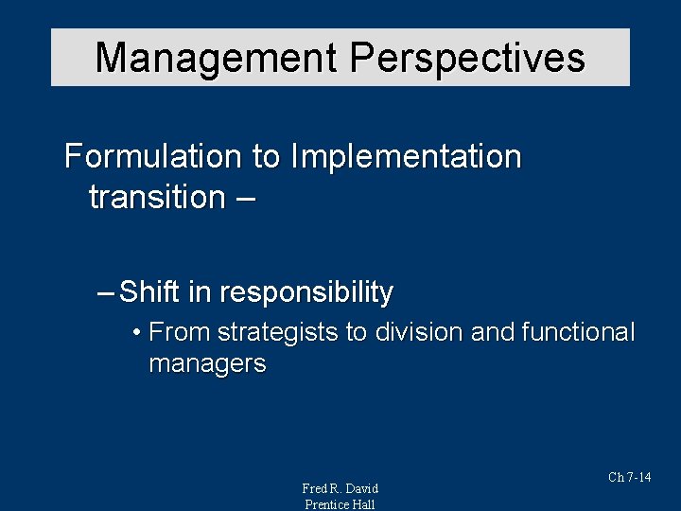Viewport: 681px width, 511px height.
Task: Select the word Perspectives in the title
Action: [468, 58]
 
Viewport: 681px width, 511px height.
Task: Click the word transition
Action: [155, 197]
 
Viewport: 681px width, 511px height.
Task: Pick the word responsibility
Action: [306, 293]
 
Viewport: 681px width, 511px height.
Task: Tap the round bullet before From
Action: [137, 333]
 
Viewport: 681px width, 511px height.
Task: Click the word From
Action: [180, 333]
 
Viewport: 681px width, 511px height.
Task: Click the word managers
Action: [207, 363]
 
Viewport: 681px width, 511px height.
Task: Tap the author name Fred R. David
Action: [340, 488]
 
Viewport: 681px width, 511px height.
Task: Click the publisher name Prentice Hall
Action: [340, 504]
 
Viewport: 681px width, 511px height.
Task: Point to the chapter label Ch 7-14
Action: [629, 478]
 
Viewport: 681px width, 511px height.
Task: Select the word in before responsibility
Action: [198, 293]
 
